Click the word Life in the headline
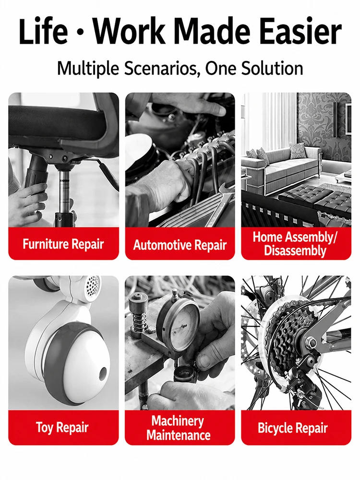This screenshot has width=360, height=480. [43, 32]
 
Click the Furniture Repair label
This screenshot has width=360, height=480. [63, 244]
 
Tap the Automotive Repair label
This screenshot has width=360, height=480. [180, 245]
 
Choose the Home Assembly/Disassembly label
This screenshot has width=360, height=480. [295, 244]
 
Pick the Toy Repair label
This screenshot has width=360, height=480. [62, 427]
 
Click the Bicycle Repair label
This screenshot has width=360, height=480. [293, 428]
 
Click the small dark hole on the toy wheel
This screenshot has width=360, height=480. [103, 374]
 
